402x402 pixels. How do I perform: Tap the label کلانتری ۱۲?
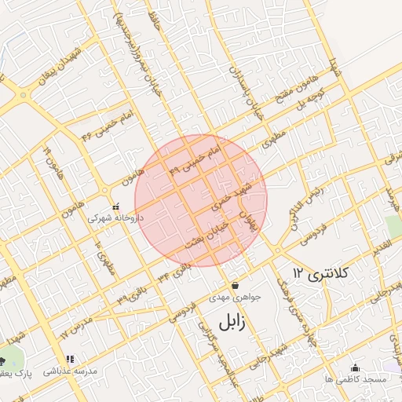[321, 272]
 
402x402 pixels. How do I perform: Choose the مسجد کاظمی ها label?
[355, 379]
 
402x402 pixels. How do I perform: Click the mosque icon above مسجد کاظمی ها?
[355, 367]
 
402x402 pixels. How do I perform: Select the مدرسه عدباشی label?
[70, 371]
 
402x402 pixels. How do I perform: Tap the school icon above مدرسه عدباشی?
[70, 360]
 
